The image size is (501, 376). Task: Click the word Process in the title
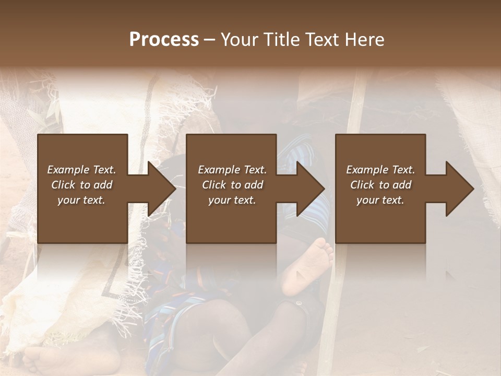[x=164, y=40]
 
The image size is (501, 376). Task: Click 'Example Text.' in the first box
[x=81, y=170]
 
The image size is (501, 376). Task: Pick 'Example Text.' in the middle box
[x=232, y=170]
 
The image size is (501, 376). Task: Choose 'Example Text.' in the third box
[x=380, y=170]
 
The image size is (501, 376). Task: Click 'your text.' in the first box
[x=81, y=200]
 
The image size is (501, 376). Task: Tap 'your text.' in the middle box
[x=232, y=200]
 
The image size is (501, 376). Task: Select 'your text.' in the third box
[x=380, y=200]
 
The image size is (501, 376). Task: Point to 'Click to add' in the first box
[x=81, y=185]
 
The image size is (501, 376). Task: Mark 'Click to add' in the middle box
[x=232, y=185]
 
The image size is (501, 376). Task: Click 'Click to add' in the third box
[x=380, y=185]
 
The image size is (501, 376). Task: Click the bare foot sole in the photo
[x=308, y=264]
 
